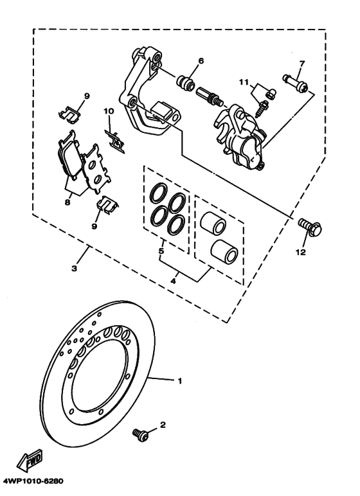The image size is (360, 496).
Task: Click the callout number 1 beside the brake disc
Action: click(x=180, y=381)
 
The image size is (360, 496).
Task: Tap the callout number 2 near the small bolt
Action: click(x=163, y=425)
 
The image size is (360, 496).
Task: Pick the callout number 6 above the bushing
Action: click(x=201, y=62)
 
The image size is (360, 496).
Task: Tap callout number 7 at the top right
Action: click(x=301, y=64)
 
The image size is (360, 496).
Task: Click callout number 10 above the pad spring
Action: click(x=109, y=111)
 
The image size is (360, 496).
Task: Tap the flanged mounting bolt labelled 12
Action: click(x=311, y=227)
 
